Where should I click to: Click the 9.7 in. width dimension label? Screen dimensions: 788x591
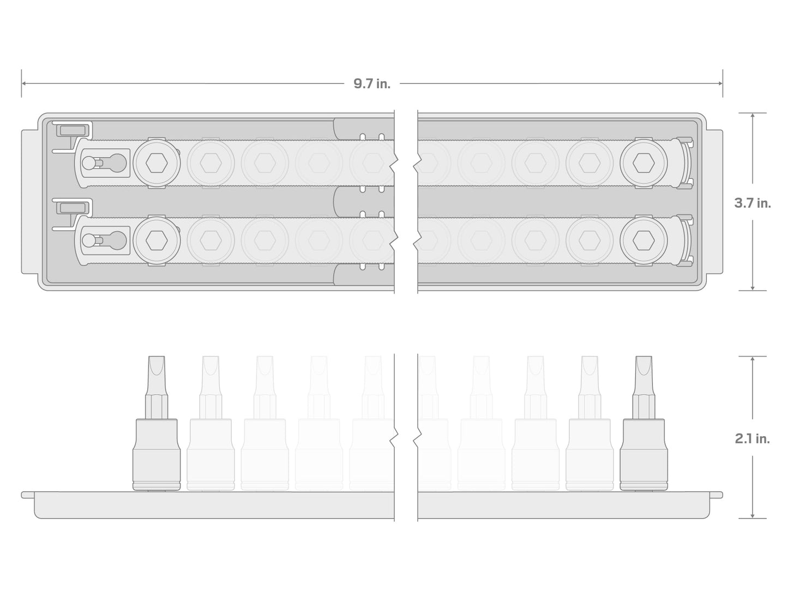coord(371,83)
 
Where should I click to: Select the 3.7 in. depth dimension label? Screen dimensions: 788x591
coord(753,203)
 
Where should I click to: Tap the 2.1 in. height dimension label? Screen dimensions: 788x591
coord(753,438)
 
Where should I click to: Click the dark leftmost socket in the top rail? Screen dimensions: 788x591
coord(157,163)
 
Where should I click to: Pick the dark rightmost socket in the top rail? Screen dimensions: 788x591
coord(643,163)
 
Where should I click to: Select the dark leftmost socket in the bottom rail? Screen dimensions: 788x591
coord(157,240)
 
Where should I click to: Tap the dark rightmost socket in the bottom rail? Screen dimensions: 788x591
coord(643,240)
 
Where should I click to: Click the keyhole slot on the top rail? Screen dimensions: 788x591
coord(104,163)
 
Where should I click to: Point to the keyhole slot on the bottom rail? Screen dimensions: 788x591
coord(104,240)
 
